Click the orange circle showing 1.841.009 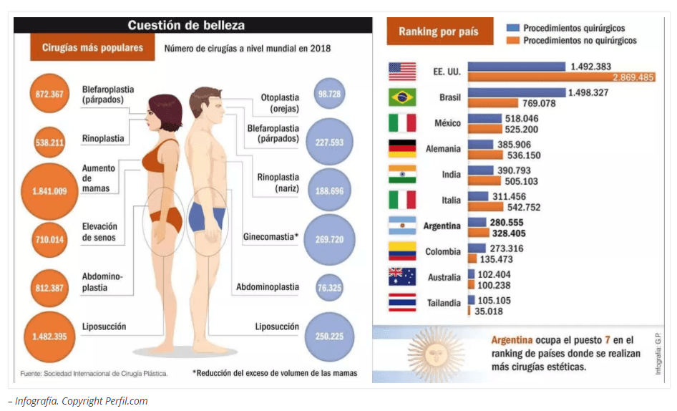pyautogui.click(x=49, y=191)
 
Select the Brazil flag pyautogui.click(x=402, y=97)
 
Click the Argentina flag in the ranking pyautogui.click(x=402, y=226)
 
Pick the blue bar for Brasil pyautogui.click(x=515, y=92)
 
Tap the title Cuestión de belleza pyautogui.click(x=186, y=26)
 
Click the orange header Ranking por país pyautogui.click(x=439, y=32)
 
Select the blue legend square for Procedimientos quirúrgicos pyautogui.click(x=512, y=28)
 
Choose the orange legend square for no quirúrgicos pyautogui.click(x=512, y=41)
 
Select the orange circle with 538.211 pyautogui.click(x=49, y=142)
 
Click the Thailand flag pyautogui.click(x=402, y=303)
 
